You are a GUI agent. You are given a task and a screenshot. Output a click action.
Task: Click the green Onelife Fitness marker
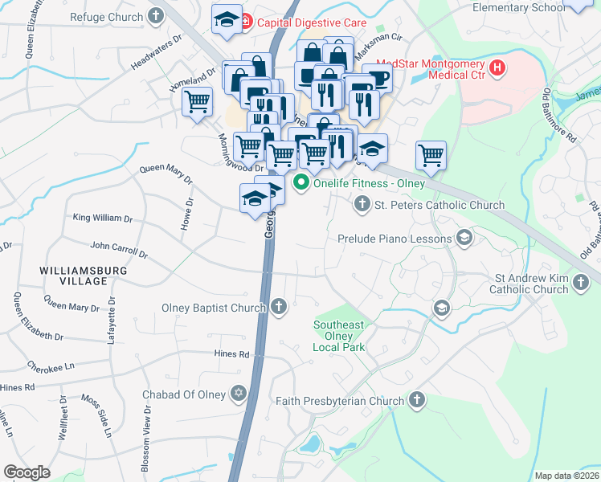(301, 182)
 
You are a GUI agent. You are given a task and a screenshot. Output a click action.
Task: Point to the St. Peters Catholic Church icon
(362, 205)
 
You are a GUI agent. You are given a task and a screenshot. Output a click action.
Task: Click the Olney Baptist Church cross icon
(278, 306)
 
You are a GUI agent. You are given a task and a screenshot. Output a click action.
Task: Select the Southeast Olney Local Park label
(338, 336)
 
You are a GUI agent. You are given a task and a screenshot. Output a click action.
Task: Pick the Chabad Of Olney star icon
(237, 394)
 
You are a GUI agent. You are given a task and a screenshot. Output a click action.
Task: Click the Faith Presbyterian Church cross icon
(416, 400)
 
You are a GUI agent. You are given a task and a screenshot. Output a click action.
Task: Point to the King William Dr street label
(102, 218)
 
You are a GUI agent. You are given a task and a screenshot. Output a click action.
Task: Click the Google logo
(27, 472)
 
